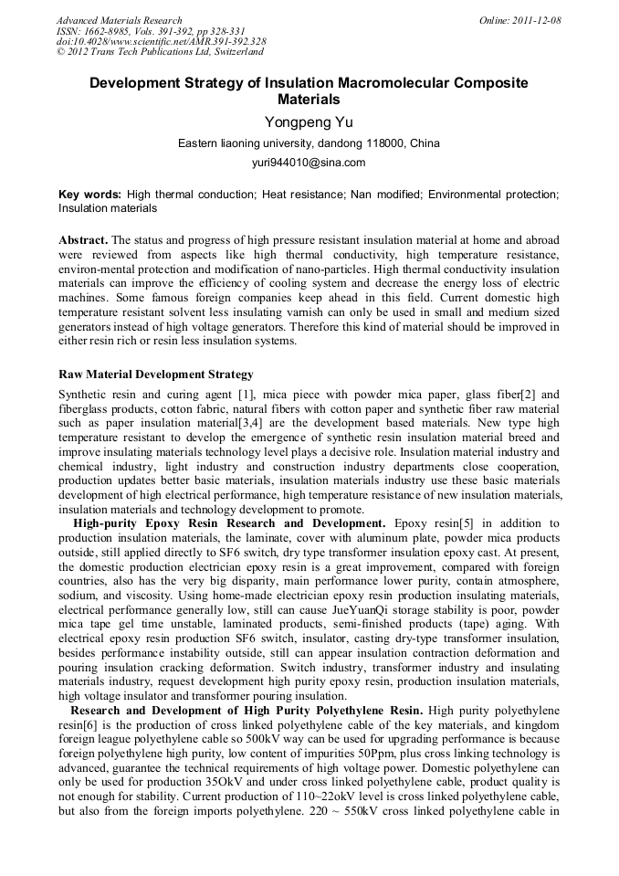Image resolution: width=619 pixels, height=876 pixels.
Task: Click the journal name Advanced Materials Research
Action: (119, 20)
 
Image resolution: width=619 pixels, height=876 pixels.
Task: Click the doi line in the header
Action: (161, 41)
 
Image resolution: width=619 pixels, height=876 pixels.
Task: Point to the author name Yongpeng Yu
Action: (309, 122)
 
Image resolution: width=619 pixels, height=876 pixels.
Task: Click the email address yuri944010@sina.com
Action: (309, 163)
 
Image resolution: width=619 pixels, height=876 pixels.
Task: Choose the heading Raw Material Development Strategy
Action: (156, 375)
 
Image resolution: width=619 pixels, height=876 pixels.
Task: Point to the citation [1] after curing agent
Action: (246, 395)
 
